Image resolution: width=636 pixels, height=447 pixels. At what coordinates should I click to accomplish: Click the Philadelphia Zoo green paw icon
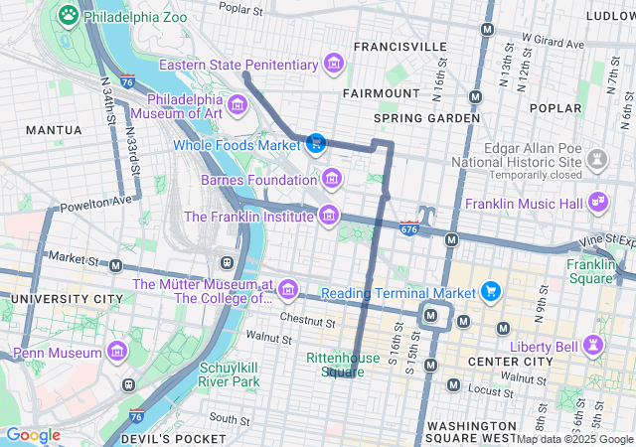pos(68,15)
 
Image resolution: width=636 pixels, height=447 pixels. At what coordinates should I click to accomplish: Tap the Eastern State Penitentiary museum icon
pos(335,66)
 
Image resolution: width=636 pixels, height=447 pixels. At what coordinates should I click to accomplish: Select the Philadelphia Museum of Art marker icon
pos(237,104)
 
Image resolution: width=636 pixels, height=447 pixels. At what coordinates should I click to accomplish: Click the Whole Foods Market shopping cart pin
pos(316,144)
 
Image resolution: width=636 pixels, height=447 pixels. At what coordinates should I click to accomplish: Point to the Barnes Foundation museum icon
pos(331,180)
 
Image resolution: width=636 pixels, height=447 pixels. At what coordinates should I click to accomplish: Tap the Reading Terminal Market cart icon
pos(491,292)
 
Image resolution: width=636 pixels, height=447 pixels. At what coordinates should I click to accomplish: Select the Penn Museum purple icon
pos(117,352)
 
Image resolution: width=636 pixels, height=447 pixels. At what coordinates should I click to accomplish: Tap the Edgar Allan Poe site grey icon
pos(596,158)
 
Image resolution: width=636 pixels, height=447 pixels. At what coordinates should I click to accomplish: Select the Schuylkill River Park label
pos(230,374)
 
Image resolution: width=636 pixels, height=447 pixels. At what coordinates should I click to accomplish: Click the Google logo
pos(33,435)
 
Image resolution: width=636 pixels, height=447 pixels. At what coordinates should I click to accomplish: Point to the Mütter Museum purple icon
pos(288,289)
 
